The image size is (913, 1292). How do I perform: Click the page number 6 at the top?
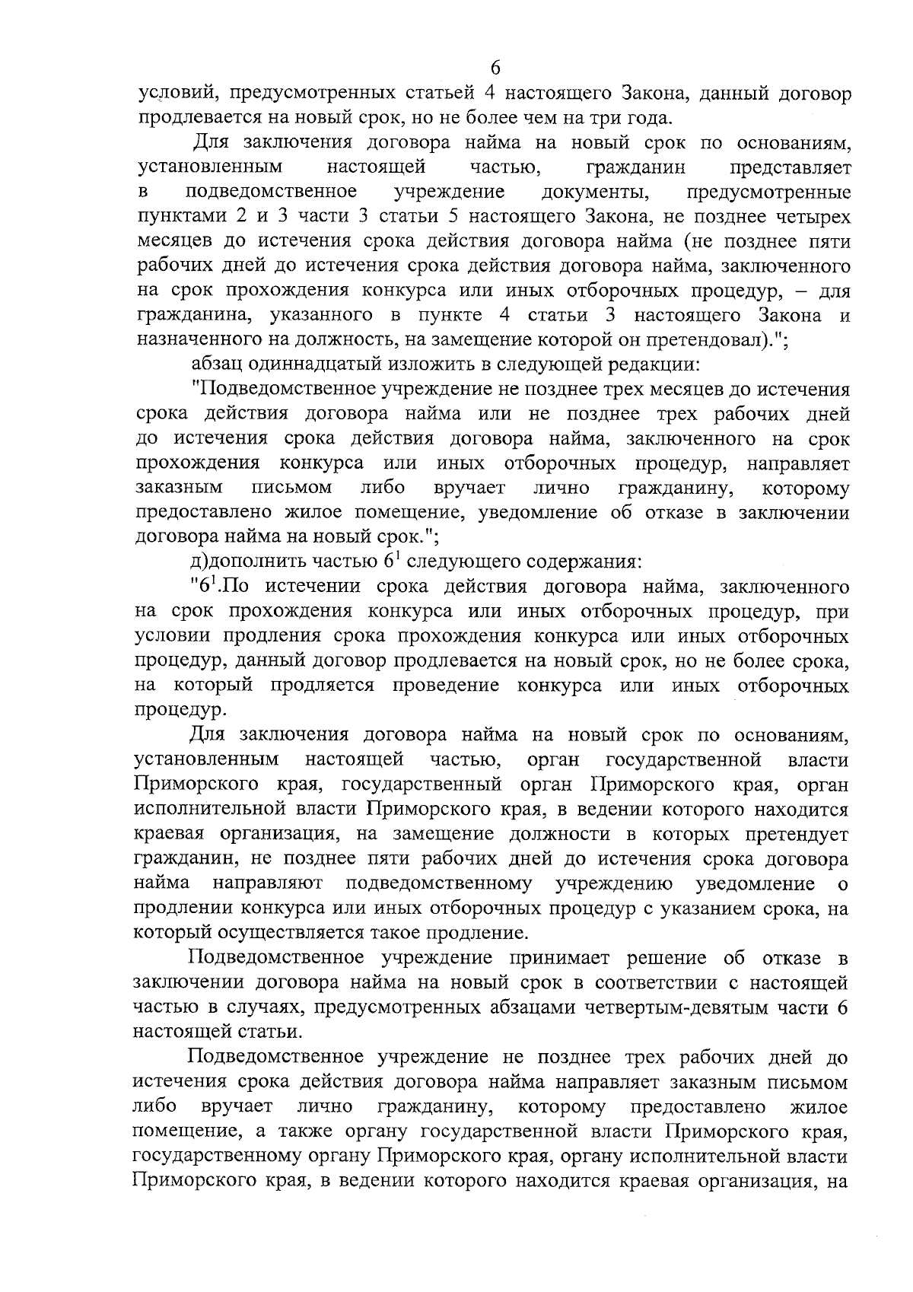click(495, 68)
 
